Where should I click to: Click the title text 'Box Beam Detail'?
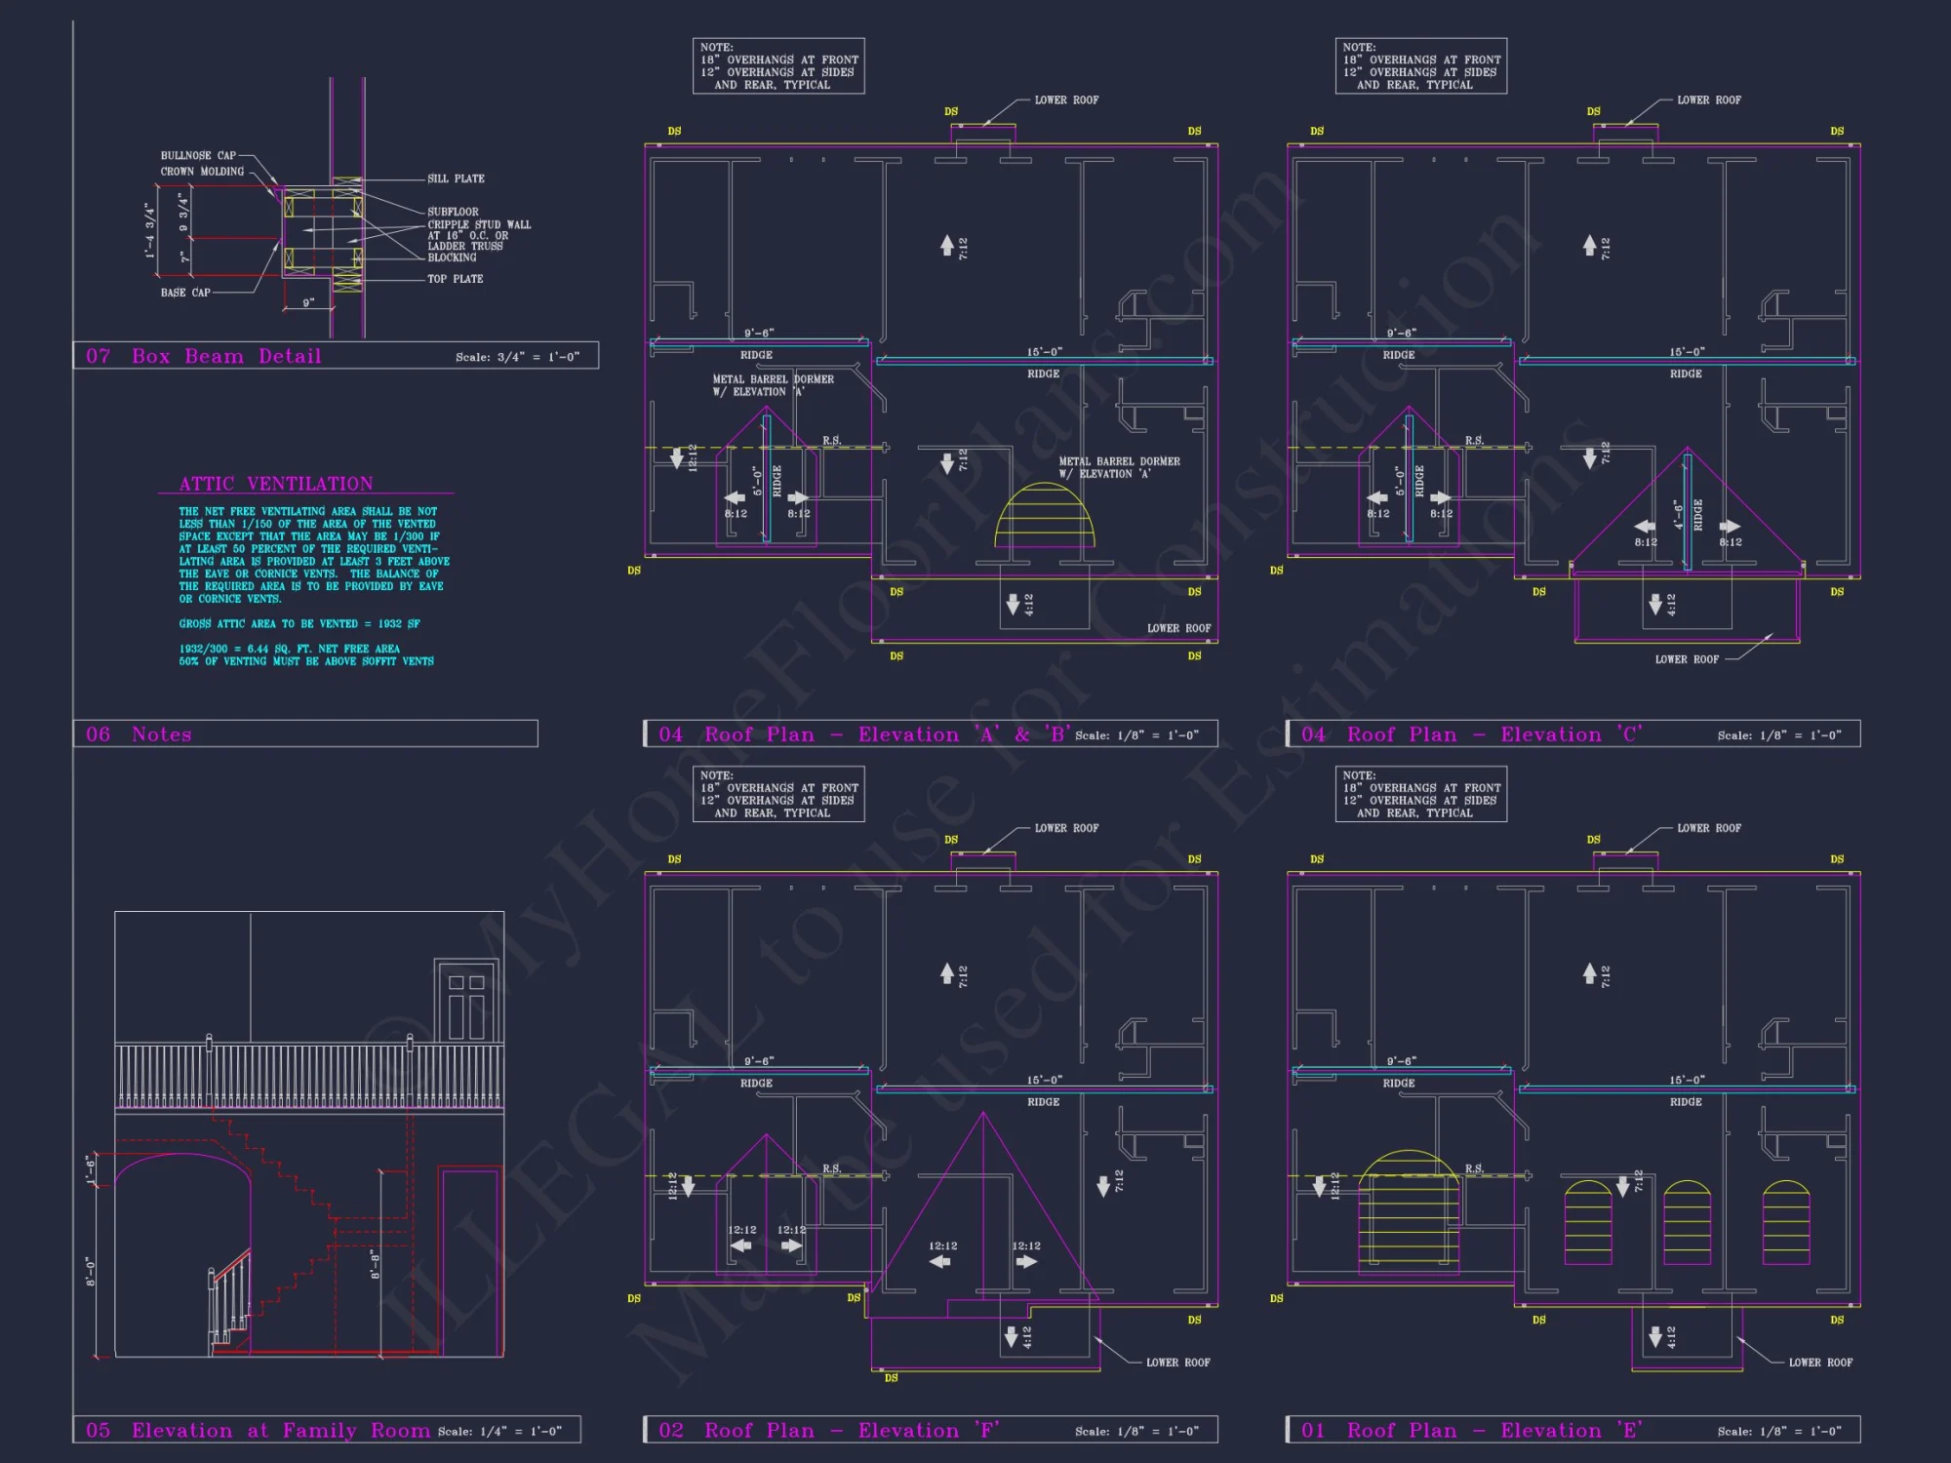[226, 356]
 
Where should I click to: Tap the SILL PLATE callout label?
[456, 179]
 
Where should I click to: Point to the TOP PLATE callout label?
[455, 279]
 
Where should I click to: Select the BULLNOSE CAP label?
[198, 156]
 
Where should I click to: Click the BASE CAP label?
[185, 293]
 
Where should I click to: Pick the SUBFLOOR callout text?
[453, 212]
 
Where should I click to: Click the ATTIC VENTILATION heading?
[275, 484]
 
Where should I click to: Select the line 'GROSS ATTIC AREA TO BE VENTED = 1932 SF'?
[299, 624]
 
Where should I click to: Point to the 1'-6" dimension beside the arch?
[90, 1167]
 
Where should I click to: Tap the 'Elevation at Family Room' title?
[281, 1431]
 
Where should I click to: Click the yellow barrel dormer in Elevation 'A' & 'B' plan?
[1045, 517]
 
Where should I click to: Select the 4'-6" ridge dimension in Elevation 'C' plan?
[1678, 514]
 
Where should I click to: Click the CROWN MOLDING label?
[202, 172]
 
